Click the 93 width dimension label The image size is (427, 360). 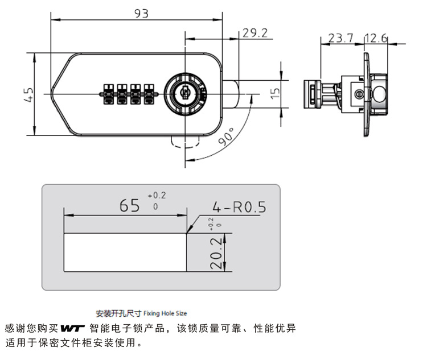(142, 14)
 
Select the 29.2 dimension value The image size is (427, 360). (255, 33)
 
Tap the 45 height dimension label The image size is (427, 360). (28, 95)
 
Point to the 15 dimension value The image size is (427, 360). (276, 93)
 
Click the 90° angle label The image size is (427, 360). (226, 136)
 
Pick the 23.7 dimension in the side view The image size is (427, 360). (340, 38)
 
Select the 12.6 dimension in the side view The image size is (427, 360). (376, 38)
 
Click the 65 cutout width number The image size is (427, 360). (129, 205)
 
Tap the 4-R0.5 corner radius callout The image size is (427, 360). (239, 207)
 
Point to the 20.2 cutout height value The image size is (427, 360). (216, 253)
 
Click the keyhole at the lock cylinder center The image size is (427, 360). (185, 93)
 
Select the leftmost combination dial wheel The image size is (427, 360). (108, 94)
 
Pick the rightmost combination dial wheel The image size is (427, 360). (149, 94)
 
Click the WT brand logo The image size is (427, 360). (72, 328)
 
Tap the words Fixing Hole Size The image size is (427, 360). (165, 313)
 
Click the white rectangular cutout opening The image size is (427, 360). (125, 253)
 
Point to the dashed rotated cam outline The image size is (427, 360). (185, 142)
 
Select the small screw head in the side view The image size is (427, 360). (359, 94)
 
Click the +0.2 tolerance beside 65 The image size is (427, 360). (157, 196)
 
